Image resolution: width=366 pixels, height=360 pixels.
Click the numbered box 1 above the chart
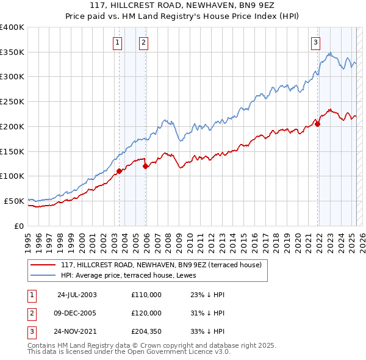tap(117, 42)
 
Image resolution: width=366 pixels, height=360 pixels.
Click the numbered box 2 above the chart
tap(143, 42)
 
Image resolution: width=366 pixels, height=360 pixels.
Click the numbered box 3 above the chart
tap(315, 42)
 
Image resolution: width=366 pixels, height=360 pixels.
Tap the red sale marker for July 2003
tap(120, 171)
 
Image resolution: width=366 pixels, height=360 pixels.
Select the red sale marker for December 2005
tap(145, 166)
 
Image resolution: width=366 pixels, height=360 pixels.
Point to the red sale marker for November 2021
tap(318, 124)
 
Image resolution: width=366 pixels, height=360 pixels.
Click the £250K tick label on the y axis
tap(12, 102)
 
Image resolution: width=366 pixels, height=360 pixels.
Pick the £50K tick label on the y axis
tap(14, 201)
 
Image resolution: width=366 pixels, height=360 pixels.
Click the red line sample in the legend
tap(43, 265)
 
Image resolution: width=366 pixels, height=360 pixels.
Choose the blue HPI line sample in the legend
tap(43, 275)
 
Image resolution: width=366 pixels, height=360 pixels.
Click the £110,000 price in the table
tap(146, 294)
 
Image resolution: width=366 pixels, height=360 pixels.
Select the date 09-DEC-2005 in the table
tap(76, 313)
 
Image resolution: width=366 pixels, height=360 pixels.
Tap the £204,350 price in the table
tap(146, 332)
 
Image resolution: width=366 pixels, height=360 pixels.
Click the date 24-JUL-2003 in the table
tap(76, 294)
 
